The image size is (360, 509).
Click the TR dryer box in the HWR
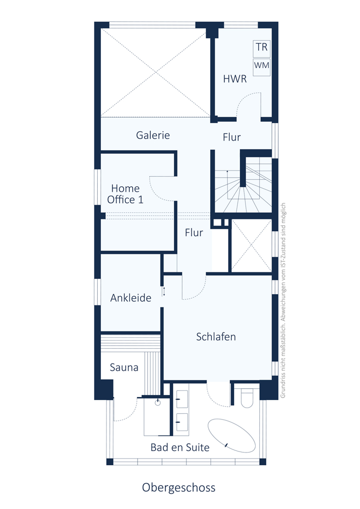pyautogui.click(x=262, y=48)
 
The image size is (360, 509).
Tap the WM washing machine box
pyautogui.click(x=262, y=67)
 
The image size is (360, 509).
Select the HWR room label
pyautogui.click(x=235, y=79)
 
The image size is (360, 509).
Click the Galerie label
pyautogui.click(x=153, y=135)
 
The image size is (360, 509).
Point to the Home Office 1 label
pyautogui.click(x=125, y=194)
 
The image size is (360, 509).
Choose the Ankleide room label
pyautogui.click(x=131, y=298)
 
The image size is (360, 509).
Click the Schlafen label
pyautogui.click(x=216, y=337)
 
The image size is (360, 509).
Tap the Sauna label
pyautogui.click(x=124, y=367)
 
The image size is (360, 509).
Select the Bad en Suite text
pyautogui.click(x=180, y=447)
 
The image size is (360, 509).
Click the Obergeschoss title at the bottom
pyautogui.click(x=179, y=488)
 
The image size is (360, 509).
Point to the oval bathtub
pyautogui.click(x=232, y=435)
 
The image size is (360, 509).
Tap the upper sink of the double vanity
pyautogui.click(x=182, y=399)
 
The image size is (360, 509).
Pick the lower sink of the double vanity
pyautogui.click(x=182, y=422)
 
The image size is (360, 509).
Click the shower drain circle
pyautogui.click(x=158, y=403)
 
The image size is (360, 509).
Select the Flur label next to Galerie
pyautogui.click(x=232, y=137)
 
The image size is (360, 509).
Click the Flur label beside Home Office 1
pyautogui.click(x=194, y=233)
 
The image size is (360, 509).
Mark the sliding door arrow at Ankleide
pyautogui.click(x=164, y=292)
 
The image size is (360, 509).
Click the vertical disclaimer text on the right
pyautogui.click(x=283, y=300)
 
